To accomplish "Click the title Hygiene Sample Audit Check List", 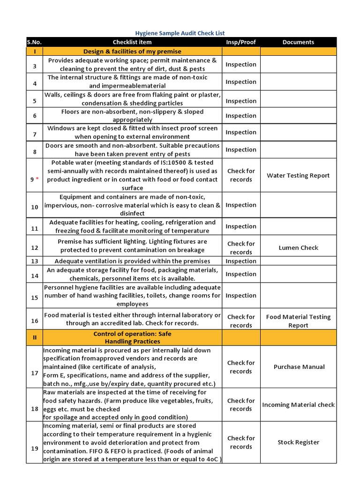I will point(180,33).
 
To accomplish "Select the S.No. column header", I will point(34,42).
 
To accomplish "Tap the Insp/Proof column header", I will point(241,42).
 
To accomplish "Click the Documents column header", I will point(298,42).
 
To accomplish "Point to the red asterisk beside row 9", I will point(37,180).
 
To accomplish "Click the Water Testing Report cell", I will point(298,175).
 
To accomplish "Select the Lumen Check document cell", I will point(298,247).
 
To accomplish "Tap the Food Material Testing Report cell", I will point(298,321).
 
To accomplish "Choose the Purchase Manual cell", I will point(298,367).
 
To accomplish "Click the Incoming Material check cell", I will point(298,405).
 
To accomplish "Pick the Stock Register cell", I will point(298,442).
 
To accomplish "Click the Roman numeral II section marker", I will point(34,337).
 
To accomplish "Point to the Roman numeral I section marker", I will point(34,51).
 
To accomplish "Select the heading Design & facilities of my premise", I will point(132,51).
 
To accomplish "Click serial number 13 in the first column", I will point(34,261).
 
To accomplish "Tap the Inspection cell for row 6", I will point(241,116).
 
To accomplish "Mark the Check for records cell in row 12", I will point(241,247).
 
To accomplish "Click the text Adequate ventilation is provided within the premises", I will point(132,261).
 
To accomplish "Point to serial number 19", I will point(34,448).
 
